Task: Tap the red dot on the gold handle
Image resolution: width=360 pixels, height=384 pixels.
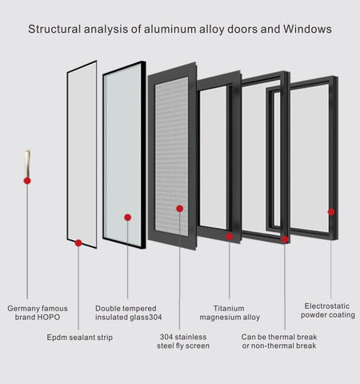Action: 27,181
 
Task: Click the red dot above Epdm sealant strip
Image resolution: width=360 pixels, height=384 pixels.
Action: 78,242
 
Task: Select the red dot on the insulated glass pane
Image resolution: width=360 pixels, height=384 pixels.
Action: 127,217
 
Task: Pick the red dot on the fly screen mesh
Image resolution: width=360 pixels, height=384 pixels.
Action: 180,209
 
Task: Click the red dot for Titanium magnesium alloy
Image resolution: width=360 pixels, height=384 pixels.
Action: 230,236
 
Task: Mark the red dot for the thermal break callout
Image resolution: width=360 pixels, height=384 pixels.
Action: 285,238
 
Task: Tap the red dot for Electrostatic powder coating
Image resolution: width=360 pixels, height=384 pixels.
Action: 330,212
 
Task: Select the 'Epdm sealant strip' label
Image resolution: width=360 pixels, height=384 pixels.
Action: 79,338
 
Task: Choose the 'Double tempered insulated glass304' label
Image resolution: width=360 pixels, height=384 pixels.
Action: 128,312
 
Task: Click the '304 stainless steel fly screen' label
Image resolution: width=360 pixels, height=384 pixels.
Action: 183,342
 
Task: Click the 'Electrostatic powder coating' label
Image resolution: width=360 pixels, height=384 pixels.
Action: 330,310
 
